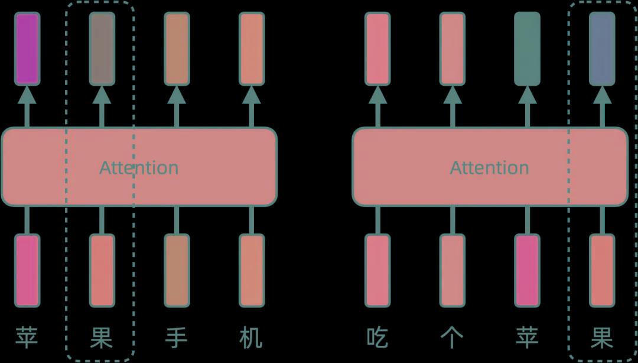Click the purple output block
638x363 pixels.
point(27,48)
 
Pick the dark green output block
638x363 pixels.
point(527,48)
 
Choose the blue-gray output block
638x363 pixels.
point(602,48)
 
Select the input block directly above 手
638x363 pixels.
point(176,270)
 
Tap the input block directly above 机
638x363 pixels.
point(251,270)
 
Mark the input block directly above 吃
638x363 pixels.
point(377,270)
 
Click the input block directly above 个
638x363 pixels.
point(452,270)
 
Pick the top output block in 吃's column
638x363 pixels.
point(377,48)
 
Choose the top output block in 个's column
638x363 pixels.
point(452,48)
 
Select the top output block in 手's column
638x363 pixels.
point(176,48)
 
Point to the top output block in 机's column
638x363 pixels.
point(251,48)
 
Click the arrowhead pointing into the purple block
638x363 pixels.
point(27,95)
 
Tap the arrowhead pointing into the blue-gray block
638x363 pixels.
point(602,95)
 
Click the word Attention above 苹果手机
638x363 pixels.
point(139,168)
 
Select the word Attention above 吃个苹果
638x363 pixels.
point(489,168)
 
